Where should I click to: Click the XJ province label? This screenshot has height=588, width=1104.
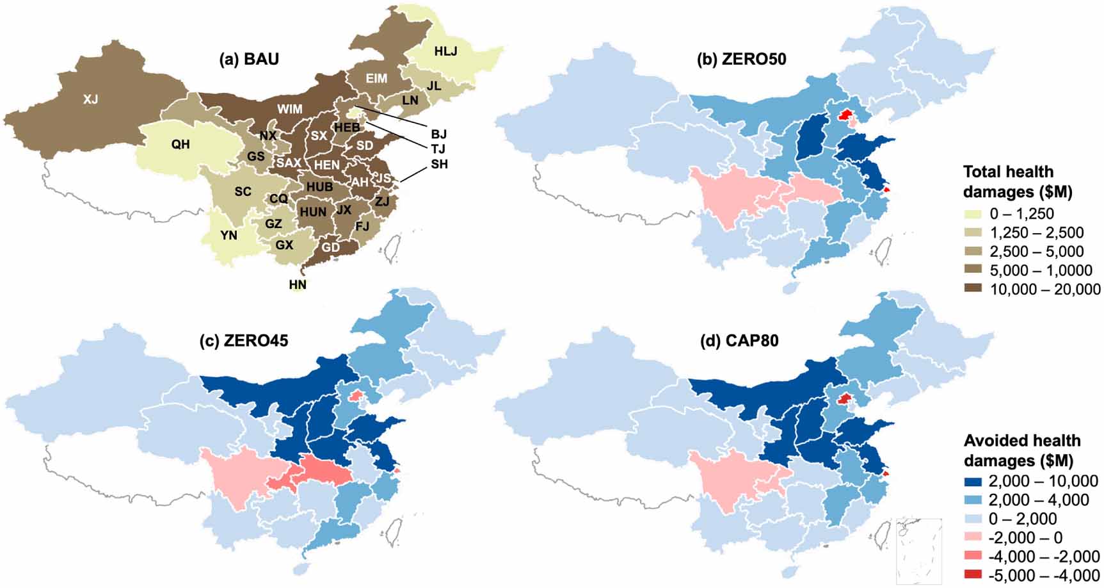pos(91,99)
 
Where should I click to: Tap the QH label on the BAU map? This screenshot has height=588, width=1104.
pos(180,144)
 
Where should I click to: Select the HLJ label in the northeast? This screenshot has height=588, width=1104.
pos(446,51)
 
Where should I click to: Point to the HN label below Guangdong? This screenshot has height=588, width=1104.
pos(298,284)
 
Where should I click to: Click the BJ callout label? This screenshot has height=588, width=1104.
pos(438,134)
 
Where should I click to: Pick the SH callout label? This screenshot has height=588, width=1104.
pos(439,164)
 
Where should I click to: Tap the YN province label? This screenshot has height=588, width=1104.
pos(228,235)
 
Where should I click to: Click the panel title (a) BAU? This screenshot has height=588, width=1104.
pos(248,59)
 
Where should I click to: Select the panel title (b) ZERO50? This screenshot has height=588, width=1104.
pos(741,59)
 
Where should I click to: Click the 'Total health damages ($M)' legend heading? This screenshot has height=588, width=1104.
pos(1018,181)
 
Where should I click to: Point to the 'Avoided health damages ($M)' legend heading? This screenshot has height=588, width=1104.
pos(1022,450)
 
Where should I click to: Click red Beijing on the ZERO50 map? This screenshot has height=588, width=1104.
pos(845,115)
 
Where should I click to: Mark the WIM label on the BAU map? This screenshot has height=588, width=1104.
pos(289,109)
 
